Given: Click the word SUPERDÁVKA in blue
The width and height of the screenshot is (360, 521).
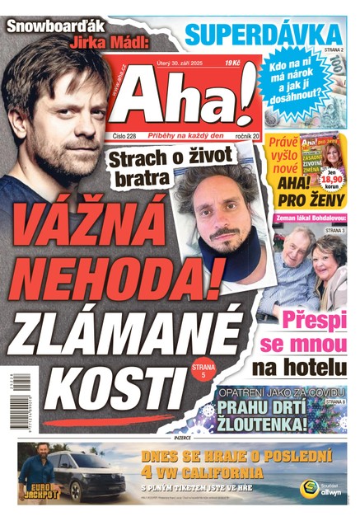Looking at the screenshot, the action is click(x=262, y=35).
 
